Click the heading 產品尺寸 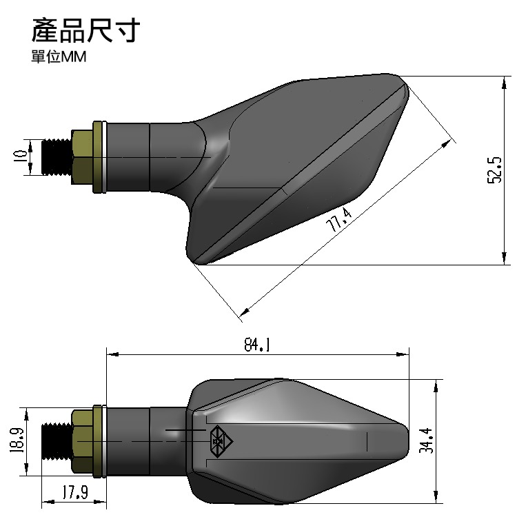point(86,31)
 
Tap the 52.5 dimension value point(494,170)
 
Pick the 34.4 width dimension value point(427,439)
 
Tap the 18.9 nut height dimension point(18,440)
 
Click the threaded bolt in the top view point(57,157)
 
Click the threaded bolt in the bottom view point(57,440)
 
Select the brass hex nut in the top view point(81,156)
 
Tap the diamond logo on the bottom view point(219,440)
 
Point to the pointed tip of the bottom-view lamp point(407,439)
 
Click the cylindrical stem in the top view point(128,156)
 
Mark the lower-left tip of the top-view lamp point(196,261)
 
